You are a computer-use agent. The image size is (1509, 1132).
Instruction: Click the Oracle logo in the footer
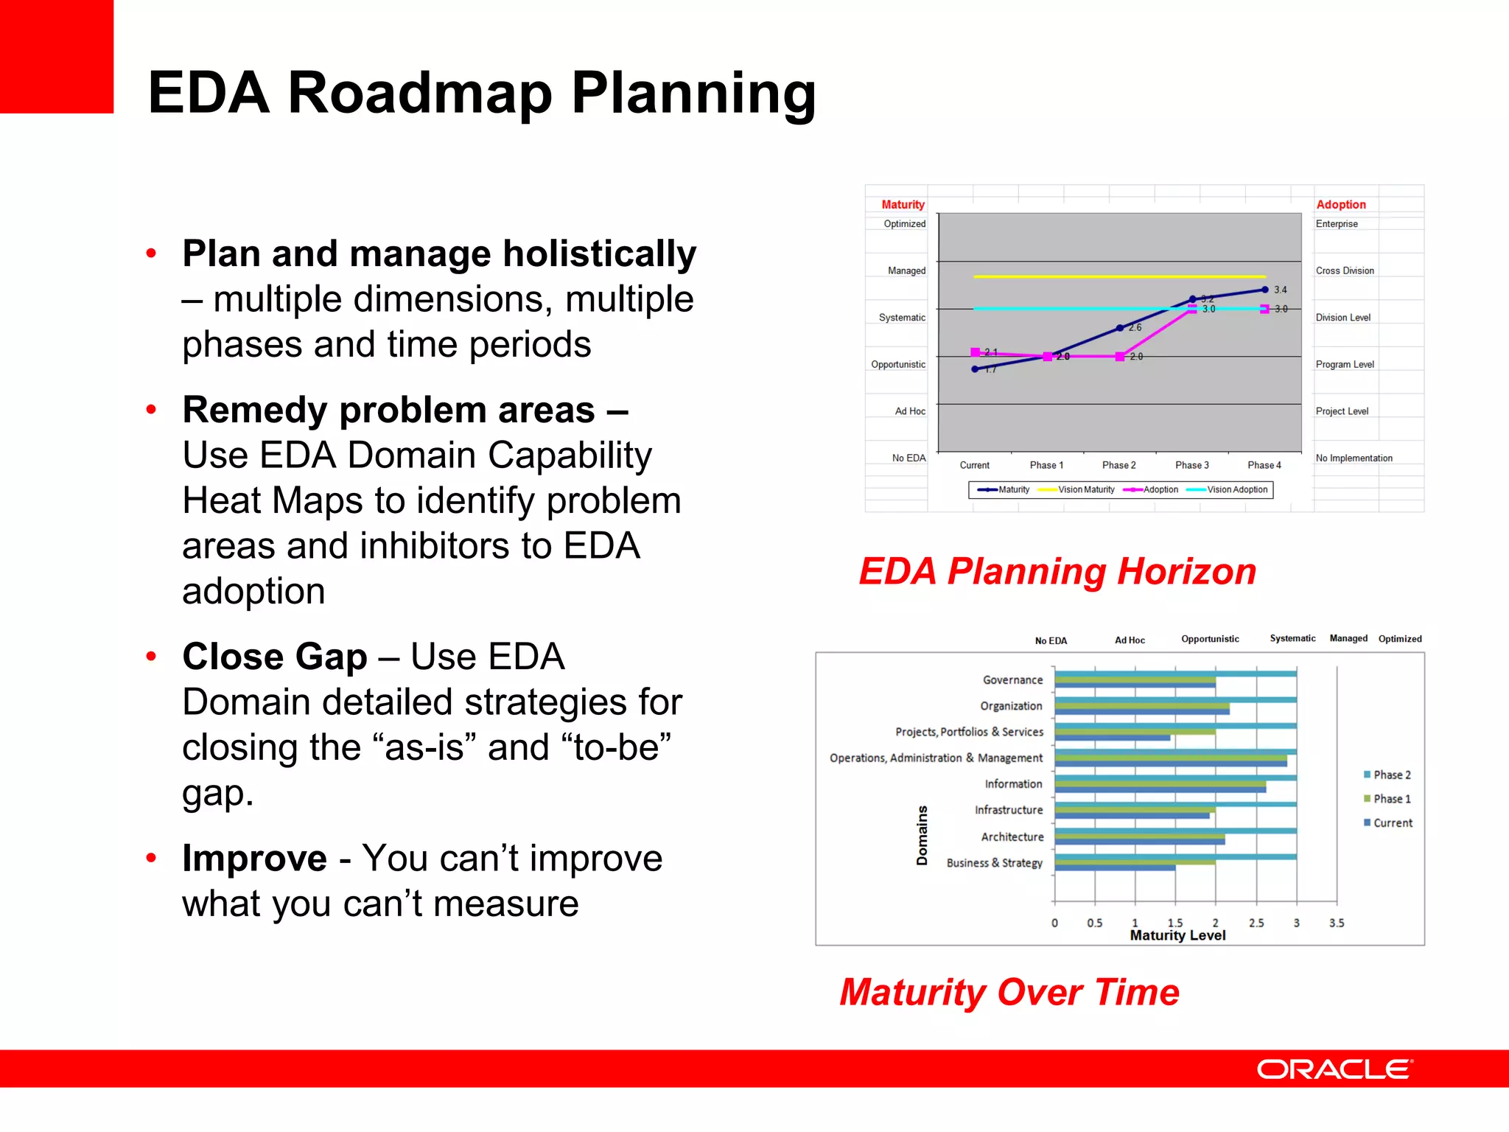click(1334, 1069)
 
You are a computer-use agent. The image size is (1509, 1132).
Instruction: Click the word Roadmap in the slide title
click(419, 94)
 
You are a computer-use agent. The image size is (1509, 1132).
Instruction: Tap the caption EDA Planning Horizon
click(1057, 572)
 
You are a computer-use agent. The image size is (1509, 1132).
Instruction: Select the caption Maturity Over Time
click(1009, 992)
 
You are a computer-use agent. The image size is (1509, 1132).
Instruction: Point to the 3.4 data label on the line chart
click(1281, 290)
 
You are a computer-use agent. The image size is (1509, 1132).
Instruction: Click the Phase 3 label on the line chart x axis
click(1191, 465)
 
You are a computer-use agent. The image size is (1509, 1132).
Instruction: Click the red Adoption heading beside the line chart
click(1340, 204)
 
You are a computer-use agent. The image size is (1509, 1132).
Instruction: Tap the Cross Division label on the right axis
click(1345, 270)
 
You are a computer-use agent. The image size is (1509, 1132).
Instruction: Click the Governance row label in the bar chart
click(1012, 679)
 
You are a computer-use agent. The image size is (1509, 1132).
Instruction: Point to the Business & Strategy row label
click(994, 862)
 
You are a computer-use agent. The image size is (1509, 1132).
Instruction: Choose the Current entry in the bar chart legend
click(1392, 822)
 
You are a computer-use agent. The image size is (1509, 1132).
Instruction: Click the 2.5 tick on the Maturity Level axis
click(1256, 923)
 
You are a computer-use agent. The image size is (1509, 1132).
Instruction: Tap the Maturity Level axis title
click(1177, 935)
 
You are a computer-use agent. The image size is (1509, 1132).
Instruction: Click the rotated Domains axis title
click(922, 835)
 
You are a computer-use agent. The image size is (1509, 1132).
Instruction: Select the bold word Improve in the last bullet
click(254, 858)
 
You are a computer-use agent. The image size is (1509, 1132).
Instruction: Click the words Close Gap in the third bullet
click(274, 657)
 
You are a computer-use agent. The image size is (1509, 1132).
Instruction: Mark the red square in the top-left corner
click(57, 56)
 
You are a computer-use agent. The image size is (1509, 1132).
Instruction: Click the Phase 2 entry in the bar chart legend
click(1391, 775)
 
